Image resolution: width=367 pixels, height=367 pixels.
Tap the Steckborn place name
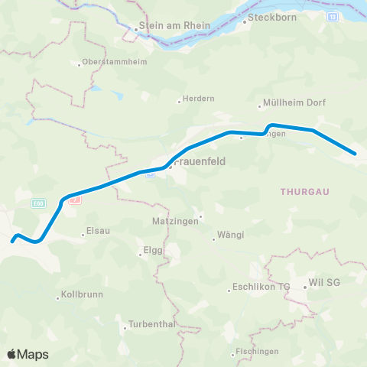pyautogui.click(x=268, y=21)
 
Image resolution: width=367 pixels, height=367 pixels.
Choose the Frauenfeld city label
pyautogui.click(x=198, y=163)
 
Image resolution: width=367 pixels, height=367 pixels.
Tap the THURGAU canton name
pyautogui.click(x=304, y=192)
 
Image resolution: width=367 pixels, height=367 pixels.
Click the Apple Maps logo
pyautogui.click(x=28, y=354)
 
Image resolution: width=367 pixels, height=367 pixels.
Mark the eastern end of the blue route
pyautogui.click(x=356, y=154)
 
